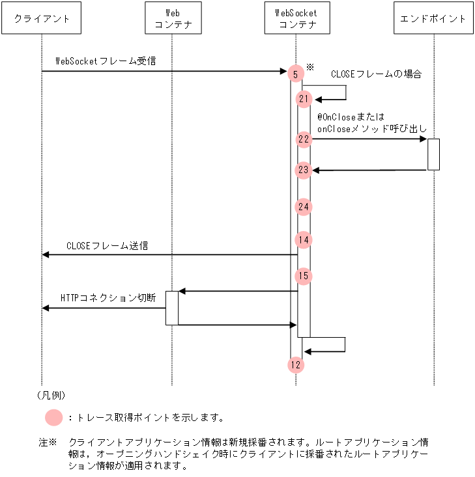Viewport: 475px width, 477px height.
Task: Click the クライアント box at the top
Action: coord(42,19)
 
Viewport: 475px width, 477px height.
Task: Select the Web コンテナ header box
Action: coord(171,19)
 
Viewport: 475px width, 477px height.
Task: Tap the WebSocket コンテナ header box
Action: coord(297,19)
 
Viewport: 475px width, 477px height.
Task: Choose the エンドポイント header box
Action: coord(434,19)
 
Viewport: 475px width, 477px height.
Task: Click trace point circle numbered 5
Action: coord(296,74)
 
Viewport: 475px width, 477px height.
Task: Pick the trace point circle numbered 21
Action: coord(304,99)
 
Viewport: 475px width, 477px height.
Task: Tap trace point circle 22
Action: coord(304,139)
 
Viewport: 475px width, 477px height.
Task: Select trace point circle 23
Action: coord(304,170)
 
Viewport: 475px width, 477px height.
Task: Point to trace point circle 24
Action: coord(304,207)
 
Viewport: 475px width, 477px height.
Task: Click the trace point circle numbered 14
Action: coord(304,239)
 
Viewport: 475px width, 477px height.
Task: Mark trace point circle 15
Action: coord(304,276)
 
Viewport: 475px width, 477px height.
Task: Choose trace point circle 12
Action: coord(296,365)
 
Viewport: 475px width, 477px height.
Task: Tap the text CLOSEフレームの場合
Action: coord(376,74)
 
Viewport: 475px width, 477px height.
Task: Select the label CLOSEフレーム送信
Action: coord(107,246)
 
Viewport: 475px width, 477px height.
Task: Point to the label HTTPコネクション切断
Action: coord(108,297)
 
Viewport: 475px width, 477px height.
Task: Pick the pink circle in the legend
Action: coord(55,417)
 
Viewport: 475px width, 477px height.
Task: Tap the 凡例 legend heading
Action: coord(51,395)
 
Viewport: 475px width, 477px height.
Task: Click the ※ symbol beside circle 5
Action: coord(310,66)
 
